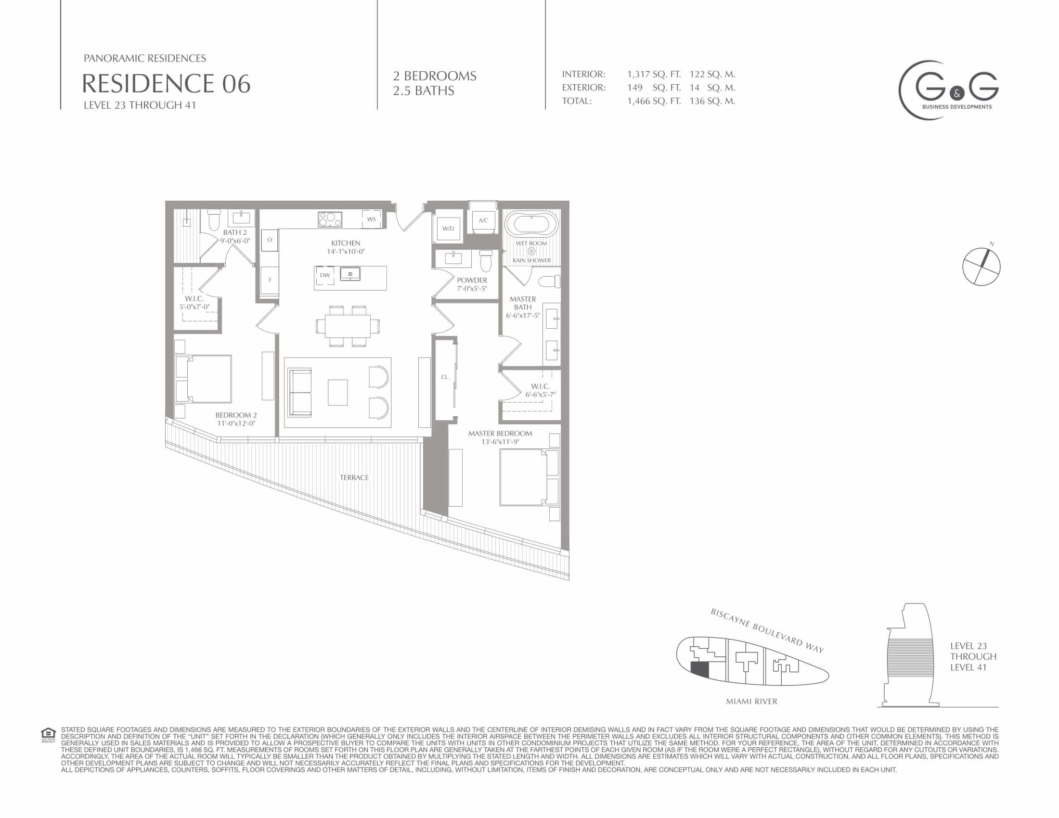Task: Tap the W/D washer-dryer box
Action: pyautogui.click(x=448, y=228)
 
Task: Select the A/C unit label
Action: pyautogui.click(x=483, y=220)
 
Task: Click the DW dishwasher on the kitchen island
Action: pyautogui.click(x=325, y=275)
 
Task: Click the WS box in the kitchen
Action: pyautogui.click(x=372, y=219)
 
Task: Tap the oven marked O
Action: pyautogui.click(x=270, y=240)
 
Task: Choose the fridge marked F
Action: pyautogui.click(x=270, y=280)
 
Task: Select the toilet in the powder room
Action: pyautogui.click(x=485, y=261)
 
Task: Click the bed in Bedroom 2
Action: pyautogui.click(x=203, y=379)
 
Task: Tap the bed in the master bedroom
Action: pyautogui.click(x=529, y=477)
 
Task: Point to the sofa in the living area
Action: pyautogui.click(x=300, y=393)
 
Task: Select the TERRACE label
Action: pyautogui.click(x=354, y=478)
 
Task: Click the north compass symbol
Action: pyautogui.click(x=981, y=266)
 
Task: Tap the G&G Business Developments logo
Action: pyautogui.click(x=949, y=90)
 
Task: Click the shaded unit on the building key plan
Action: pyautogui.click(x=700, y=670)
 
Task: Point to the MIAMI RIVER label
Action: pyautogui.click(x=751, y=701)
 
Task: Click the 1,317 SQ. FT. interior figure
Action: pyautogui.click(x=654, y=74)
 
